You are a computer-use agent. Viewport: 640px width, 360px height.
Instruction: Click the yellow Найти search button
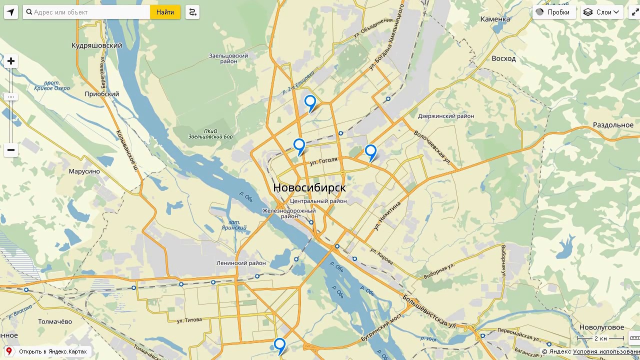[165, 12]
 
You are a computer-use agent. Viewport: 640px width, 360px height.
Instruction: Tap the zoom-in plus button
[11, 61]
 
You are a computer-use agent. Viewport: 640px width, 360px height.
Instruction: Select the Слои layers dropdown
[602, 12]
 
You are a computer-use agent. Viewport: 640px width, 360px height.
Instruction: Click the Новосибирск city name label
[309, 187]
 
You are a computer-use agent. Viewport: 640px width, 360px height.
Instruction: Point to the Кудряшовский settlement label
[97, 45]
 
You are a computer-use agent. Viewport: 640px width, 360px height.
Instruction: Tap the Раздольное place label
[613, 125]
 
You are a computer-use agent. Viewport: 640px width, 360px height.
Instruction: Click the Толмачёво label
[55, 321]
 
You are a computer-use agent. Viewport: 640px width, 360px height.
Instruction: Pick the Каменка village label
[495, 19]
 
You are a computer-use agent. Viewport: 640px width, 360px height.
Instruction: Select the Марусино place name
[84, 171]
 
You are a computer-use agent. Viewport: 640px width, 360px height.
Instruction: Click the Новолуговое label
[601, 327]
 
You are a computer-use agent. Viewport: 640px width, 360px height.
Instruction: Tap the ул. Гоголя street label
[323, 161]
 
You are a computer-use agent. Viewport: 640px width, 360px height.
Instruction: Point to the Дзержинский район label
[446, 116]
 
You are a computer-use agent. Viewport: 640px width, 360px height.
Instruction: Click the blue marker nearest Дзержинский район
[370, 151]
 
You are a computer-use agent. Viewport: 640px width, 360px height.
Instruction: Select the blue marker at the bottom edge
[279, 344]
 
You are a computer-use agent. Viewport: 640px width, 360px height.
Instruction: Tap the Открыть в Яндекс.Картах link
[52, 351]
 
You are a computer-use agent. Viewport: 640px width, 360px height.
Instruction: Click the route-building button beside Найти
[192, 12]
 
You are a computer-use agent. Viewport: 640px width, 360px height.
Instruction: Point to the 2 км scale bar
[600, 338]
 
